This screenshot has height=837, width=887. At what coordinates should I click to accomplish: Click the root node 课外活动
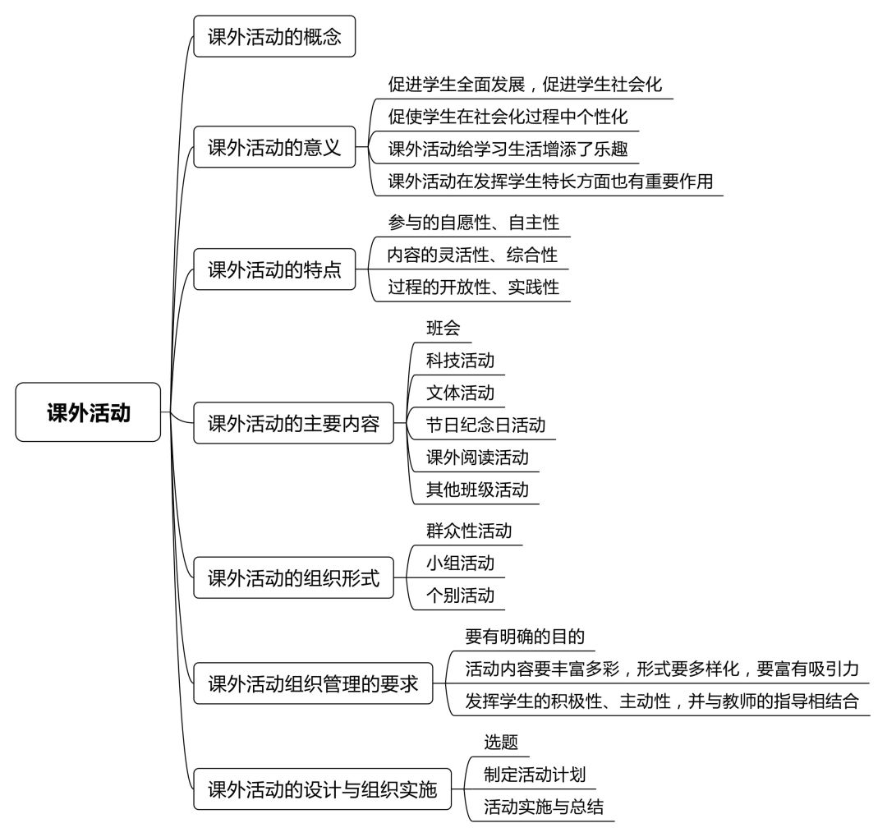pyautogui.click(x=88, y=412)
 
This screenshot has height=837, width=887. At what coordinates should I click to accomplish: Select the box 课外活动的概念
pyautogui.click(x=274, y=36)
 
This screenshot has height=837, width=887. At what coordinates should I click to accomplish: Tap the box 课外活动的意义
pyautogui.click(x=274, y=147)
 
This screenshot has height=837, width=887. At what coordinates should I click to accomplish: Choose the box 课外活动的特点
pyautogui.click(x=274, y=269)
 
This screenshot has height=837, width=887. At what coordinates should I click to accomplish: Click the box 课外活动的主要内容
pyautogui.click(x=293, y=423)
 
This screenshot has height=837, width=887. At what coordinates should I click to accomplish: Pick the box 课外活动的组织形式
pyautogui.click(x=293, y=577)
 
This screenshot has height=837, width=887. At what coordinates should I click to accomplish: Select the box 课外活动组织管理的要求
pyautogui.click(x=313, y=683)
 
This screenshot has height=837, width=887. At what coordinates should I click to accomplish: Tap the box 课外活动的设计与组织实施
pyautogui.click(x=323, y=789)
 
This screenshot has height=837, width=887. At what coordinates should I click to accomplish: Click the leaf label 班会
pyautogui.click(x=443, y=328)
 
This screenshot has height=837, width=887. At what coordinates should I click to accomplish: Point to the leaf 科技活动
pyautogui.click(x=461, y=360)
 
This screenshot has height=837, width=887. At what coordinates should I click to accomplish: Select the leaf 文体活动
pyautogui.click(x=461, y=392)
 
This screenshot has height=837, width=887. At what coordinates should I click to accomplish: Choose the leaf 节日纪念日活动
pyautogui.click(x=486, y=425)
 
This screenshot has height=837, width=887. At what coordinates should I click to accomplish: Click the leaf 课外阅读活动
pyautogui.click(x=477, y=457)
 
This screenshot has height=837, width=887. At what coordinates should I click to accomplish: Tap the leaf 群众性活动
pyautogui.click(x=469, y=531)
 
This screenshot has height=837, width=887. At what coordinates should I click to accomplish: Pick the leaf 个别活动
pyautogui.click(x=461, y=595)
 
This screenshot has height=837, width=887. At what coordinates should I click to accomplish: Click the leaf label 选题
pyautogui.click(x=501, y=742)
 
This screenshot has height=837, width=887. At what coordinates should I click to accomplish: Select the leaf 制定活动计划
pyautogui.click(x=535, y=774)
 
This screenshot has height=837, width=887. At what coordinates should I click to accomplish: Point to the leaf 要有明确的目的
pyautogui.click(x=525, y=636)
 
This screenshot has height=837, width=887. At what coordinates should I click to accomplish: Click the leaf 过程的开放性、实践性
pyautogui.click(x=474, y=287)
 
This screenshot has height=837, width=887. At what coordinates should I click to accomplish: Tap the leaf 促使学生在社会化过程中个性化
pyautogui.click(x=508, y=116)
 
